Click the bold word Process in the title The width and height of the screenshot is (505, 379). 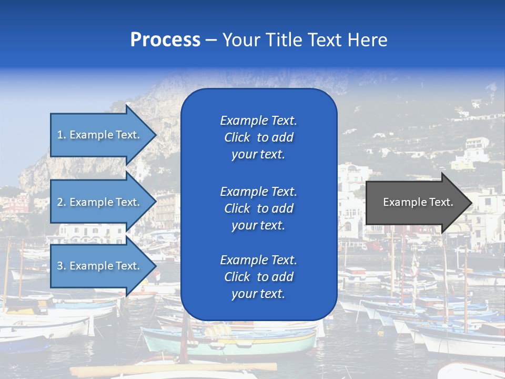pyautogui.click(x=165, y=40)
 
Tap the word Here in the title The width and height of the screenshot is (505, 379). pyautogui.click(x=367, y=40)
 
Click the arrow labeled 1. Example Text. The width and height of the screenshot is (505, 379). pyautogui.click(x=100, y=135)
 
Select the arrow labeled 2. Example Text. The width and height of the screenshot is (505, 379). pyautogui.click(x=100, y=202)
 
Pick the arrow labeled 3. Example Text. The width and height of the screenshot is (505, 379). pyautogui.click(x=100, y=266)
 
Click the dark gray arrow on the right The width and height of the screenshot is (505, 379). pyautogui.click(x=416, y=202)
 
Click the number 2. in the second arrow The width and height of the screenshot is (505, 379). pyautogui.click(x=62, y=202)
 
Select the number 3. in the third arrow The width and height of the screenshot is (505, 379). pyautogui.click(x=62, y=266)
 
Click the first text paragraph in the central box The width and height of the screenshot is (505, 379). pyautogui.click(x=258, y=137)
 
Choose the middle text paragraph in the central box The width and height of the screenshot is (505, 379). pyautogui.click(x=258, y=208)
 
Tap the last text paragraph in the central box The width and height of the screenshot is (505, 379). pyautogui.click(x=258, y=277)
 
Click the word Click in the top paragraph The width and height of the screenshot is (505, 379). pyautogui.click(x=237, y=137)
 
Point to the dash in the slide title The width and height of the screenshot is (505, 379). pyautogui.click(x=211, y=40)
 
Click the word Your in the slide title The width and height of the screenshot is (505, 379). pyautogui.click(x=240, y=40)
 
